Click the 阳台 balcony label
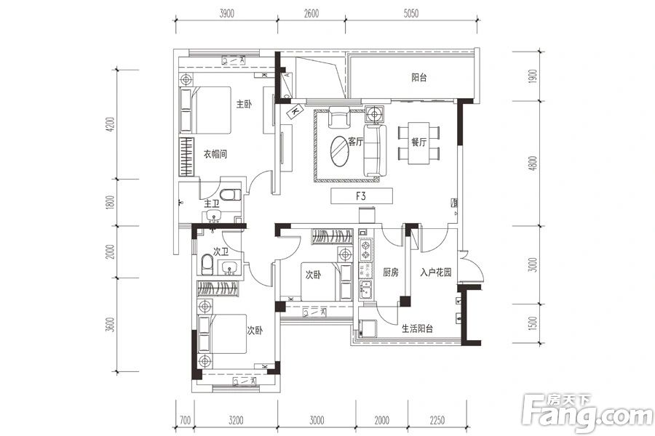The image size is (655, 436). coord(419,77)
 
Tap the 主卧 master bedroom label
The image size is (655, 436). coord(244,103)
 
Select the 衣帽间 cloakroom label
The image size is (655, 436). coord(215,154)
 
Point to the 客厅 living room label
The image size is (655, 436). coord(355,142)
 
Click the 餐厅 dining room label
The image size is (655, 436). coord(418,142)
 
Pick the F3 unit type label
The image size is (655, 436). coord(361,195)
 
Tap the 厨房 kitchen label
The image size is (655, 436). coord(391,272)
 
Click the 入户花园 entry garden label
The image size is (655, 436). coord(436,272)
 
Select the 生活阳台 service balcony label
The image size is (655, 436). coord(417,328)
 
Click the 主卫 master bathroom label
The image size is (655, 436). coord(212,204)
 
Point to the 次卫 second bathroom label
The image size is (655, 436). coord(221,251)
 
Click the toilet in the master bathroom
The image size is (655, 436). coord(230,195)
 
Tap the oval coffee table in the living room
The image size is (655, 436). coord(340,151)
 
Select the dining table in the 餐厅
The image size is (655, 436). coord(419,143)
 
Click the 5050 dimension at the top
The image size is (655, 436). coord(411,13)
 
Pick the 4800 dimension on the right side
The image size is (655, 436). coord(533,163)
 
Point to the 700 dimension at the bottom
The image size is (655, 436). coord(185,420)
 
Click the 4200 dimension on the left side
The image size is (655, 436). coord(110,124)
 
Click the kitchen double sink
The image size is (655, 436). coord(365,288)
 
